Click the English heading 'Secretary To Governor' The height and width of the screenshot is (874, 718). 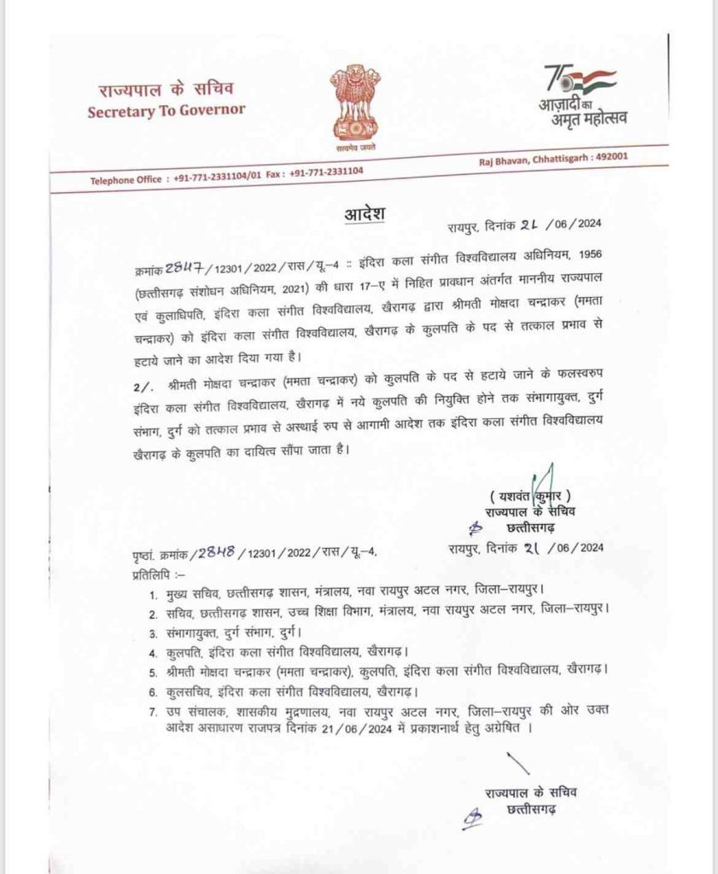coord(166,109)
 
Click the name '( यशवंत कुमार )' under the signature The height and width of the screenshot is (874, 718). coord(529,496)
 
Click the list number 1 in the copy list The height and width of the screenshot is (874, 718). coord(153,593)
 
